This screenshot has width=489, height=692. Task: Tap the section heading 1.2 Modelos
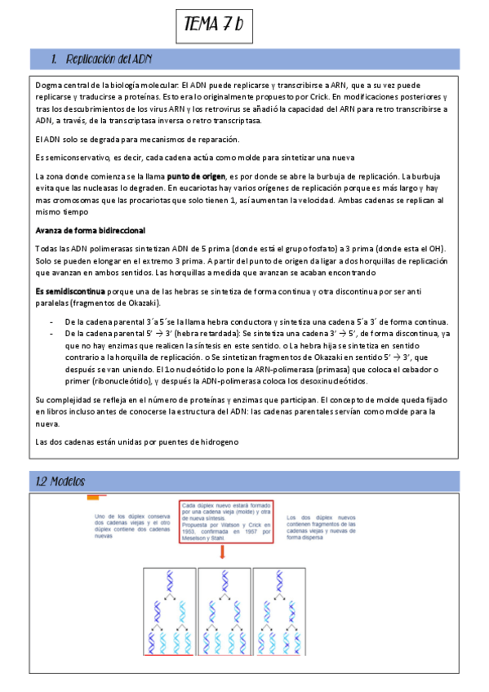pyautogui.click(x=62, y=481)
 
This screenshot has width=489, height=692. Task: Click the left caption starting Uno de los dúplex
pyautogui.click(x=131, y=526)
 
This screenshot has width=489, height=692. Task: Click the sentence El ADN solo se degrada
pyautogui.click(x=125, y=139)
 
